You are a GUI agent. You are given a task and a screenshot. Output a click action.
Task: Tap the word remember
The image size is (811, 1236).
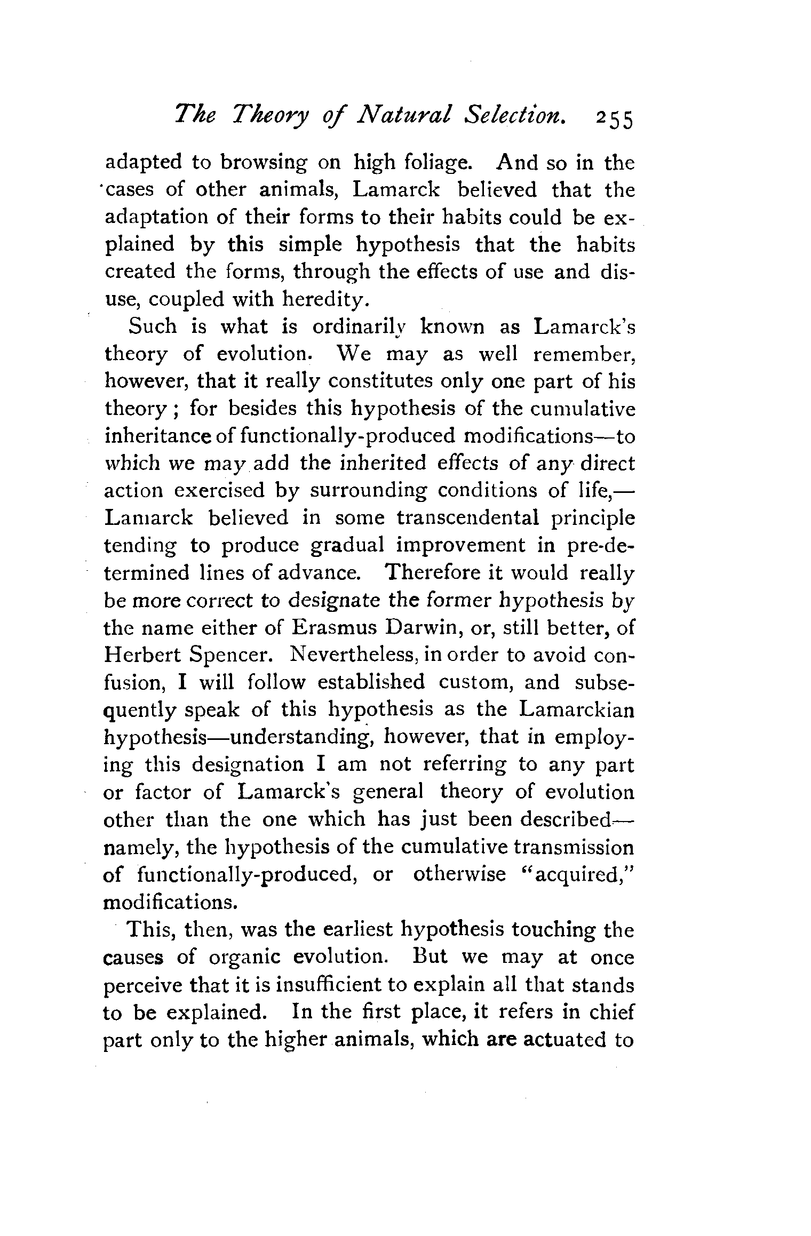pos(576,354)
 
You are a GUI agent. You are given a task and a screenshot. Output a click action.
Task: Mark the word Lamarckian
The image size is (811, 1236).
pos(577,709)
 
